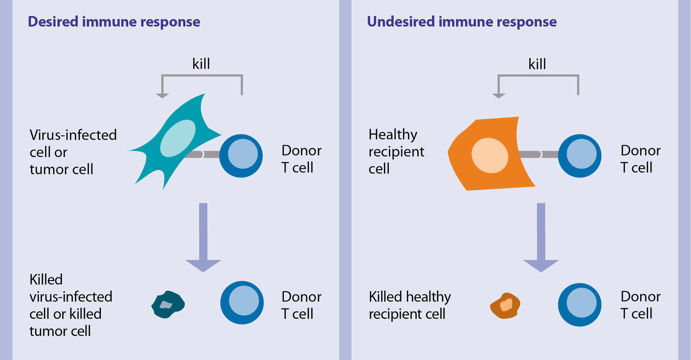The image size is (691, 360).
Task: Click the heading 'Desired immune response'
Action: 114,22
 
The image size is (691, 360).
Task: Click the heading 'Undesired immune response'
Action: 461,22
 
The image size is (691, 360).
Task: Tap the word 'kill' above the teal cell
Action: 201,64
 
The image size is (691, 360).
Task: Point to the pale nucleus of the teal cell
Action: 178,138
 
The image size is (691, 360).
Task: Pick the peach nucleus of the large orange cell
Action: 489,156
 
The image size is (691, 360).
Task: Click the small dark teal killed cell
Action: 168,305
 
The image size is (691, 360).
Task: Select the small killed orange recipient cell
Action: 505,306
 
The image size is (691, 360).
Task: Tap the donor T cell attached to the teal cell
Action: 241,156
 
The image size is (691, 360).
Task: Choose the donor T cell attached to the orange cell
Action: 579,156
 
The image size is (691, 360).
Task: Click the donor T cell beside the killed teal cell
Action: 242,302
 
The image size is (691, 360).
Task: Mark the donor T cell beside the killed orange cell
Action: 579,305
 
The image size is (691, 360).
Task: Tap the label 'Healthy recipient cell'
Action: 396,152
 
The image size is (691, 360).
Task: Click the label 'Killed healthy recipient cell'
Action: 410,305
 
